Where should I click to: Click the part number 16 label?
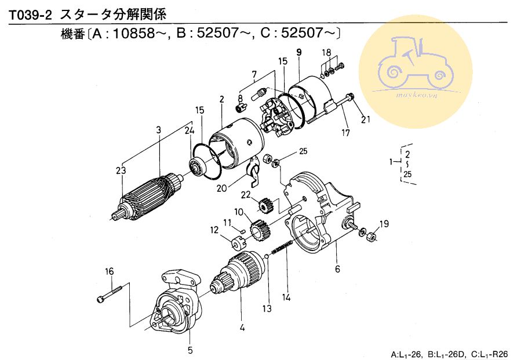click(x=110, y=272)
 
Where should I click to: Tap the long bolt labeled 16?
click(x=111, y=294)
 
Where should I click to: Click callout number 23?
click(x=121, y=170)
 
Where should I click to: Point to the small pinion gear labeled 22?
click(x=264, y=205)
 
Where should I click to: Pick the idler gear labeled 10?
click(x=260, y=229)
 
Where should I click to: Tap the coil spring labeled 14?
click(x=282, y=248)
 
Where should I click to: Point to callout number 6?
click(x=337, y=269)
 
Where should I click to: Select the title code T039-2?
click(x=30, y=15)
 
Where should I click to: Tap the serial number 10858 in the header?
click(x=134, y=33)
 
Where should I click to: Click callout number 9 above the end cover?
click(x=299, y=52)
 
